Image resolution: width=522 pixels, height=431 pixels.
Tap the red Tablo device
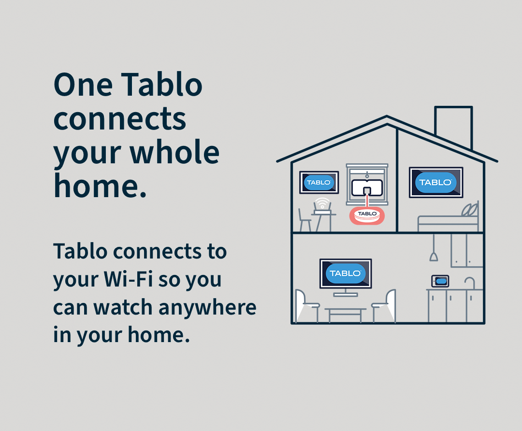pos(367,216)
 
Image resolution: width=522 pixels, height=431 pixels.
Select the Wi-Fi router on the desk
pos(322,206)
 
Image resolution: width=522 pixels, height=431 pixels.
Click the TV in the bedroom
pos(436,182)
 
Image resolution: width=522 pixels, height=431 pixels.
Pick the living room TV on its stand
pos(346,277)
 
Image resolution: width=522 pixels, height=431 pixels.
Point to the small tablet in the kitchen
pos(440,281)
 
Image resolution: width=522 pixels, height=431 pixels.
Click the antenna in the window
pos(367,188)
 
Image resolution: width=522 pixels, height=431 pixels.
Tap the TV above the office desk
pos(319,182)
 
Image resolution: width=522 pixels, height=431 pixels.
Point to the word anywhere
pos(207,308)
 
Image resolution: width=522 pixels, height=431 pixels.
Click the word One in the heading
pos(83,85)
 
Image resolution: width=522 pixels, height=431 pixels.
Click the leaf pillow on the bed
pos(469,209)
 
